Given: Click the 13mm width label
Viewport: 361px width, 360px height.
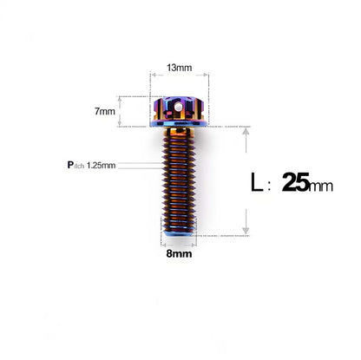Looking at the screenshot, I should point(180,68).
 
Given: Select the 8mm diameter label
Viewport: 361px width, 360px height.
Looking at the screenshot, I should point(180,255).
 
